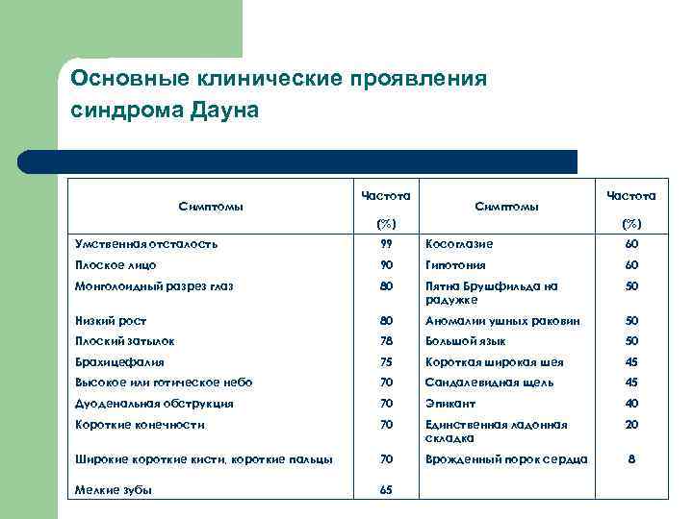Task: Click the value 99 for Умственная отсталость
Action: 385,244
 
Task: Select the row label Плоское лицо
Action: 115,264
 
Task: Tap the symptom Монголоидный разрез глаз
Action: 154,285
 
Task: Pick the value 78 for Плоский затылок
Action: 385,341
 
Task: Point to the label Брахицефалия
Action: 119,362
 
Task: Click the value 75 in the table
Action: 385,362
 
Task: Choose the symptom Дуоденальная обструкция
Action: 154,404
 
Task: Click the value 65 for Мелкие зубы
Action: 385,489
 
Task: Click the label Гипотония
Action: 456,264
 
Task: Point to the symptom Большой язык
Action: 466,341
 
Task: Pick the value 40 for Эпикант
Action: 631,404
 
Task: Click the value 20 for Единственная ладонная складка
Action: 631,425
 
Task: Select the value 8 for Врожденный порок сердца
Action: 631,459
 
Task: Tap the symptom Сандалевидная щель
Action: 489,383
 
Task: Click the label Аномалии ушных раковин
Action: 502,321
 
